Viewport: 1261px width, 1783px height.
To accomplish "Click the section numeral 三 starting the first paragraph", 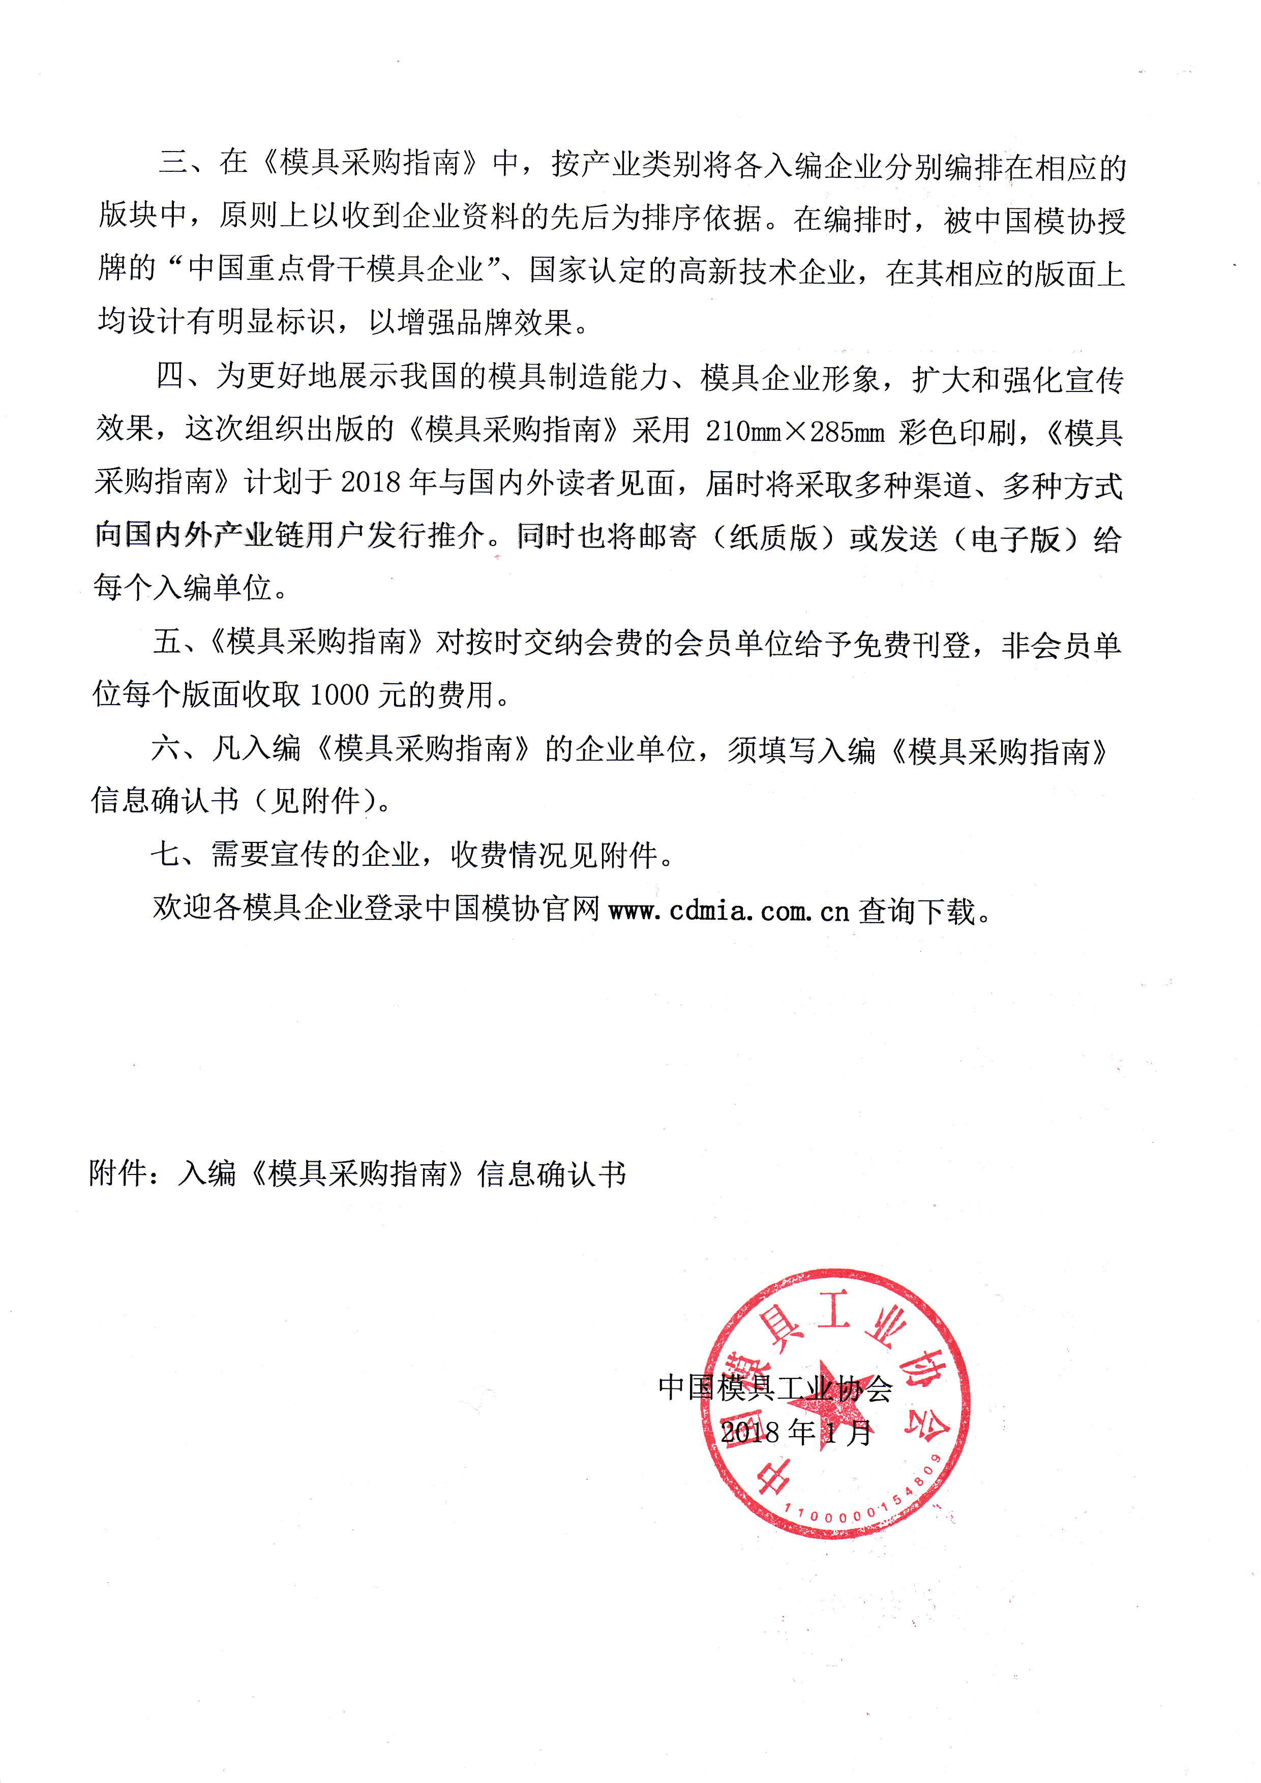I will [x=172, y=162].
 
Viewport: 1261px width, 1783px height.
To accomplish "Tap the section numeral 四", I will [x=170, y=377].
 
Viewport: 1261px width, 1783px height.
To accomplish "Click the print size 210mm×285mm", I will [x=794, y=431].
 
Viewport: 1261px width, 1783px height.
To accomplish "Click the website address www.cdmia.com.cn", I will [x=729, y=910].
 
